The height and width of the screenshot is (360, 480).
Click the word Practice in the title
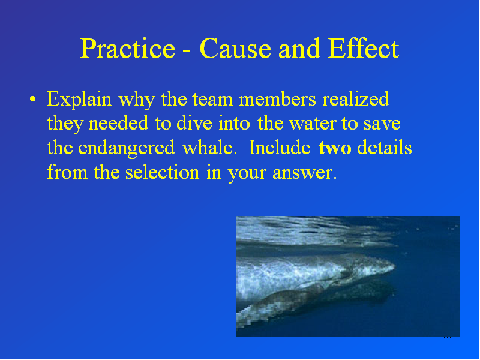[127, 49]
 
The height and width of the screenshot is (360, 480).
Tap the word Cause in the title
[235, 49]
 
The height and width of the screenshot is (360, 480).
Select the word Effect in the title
[364, 49]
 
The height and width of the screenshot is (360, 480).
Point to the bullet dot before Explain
[33, 99]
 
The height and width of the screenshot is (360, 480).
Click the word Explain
[79, 100]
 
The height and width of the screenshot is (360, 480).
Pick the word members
[277, 99]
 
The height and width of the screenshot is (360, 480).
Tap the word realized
[356, 99]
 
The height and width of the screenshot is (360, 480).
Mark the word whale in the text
[209, 148]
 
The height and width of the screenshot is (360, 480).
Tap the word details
[385, 148]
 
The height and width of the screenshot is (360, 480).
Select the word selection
[162, 172]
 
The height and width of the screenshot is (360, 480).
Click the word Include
[280, 148]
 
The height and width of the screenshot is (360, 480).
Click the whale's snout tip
[394, 267]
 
